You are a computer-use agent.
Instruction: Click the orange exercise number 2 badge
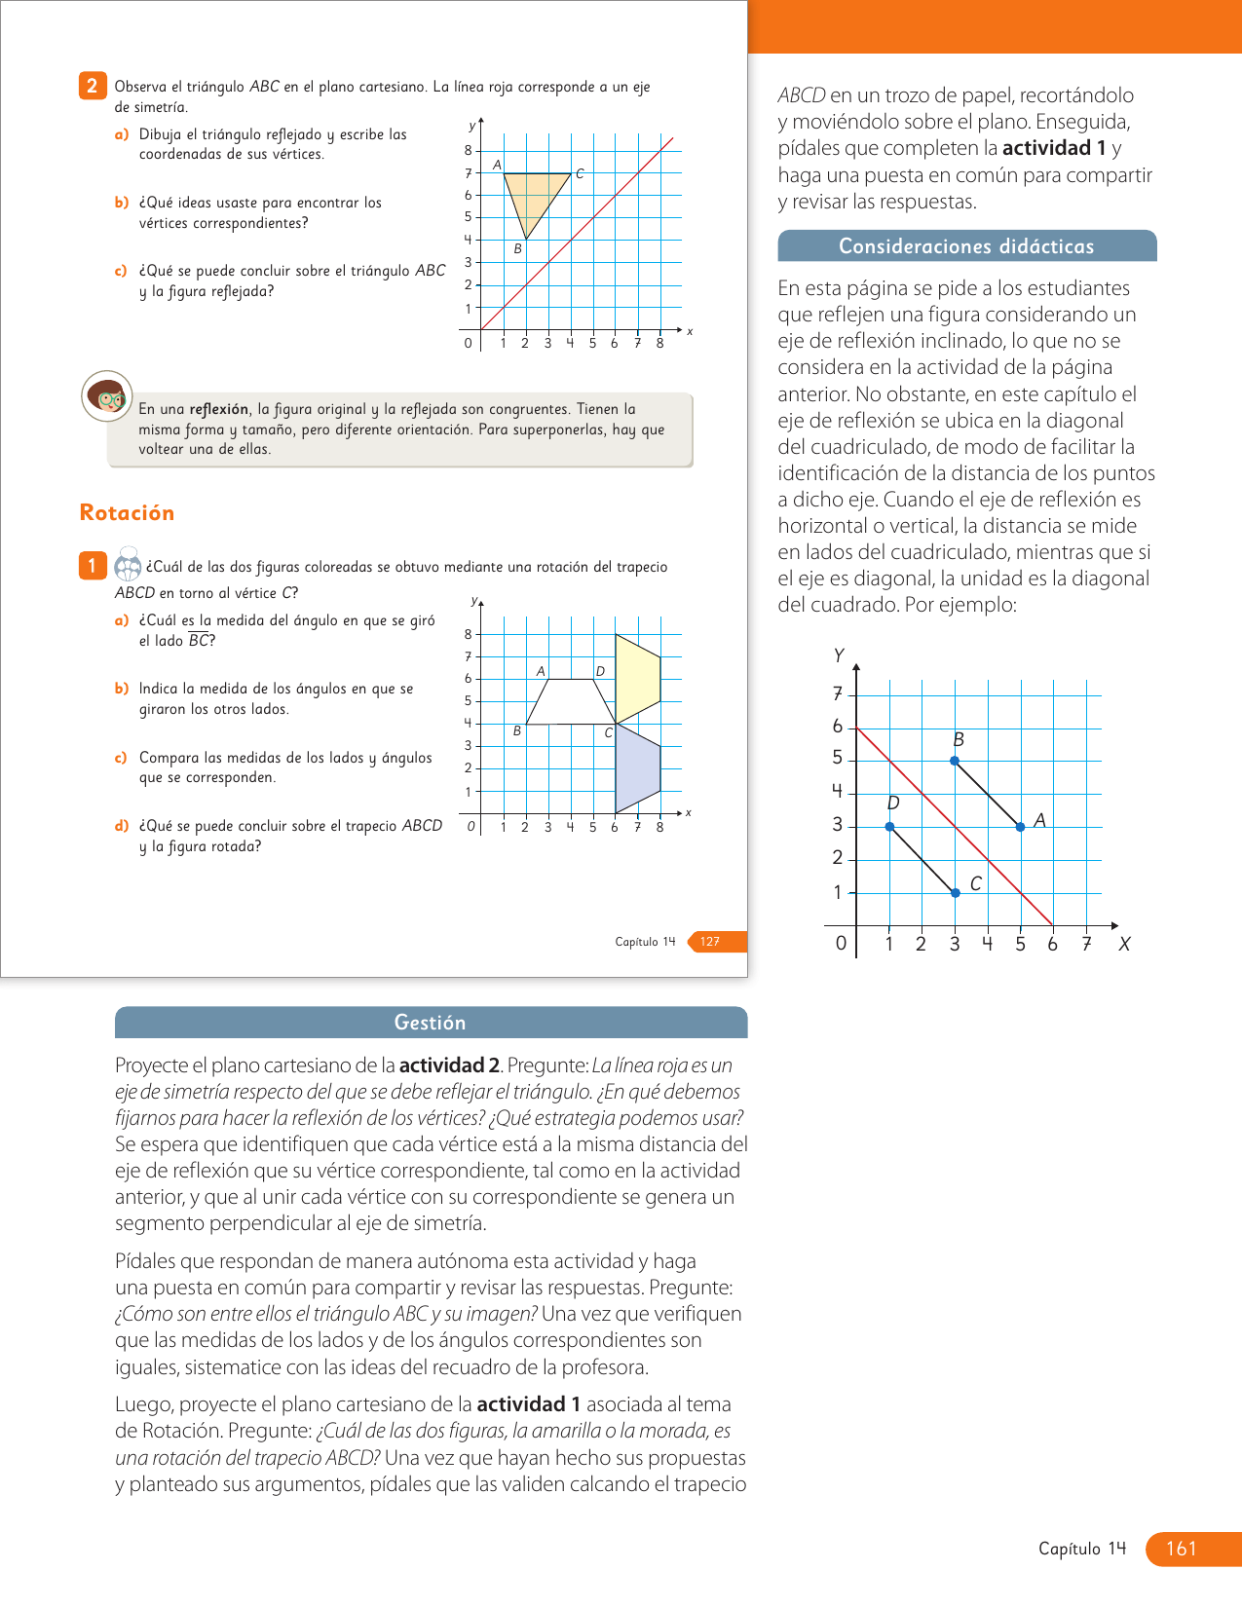coord(92,86)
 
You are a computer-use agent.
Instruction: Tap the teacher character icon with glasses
coord(106,395)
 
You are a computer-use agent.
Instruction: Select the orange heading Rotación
coord(127,513)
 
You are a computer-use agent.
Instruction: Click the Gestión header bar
coord(431,1023)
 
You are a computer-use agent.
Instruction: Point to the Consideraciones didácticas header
coord(966,246)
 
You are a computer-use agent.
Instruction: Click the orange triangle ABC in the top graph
coord(534,194)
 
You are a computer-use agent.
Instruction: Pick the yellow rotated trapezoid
coord(637,678)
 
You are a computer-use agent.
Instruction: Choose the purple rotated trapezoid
coord(637,769)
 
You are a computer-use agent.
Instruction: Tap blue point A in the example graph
coord(1020,827)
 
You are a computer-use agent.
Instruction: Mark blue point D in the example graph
coord(889,827)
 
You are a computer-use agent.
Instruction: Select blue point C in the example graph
coord(955,892)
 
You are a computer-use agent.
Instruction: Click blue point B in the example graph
coord(955,761)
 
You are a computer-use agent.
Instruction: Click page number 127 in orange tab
coord(711,942)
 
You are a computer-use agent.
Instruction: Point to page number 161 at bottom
coord(1181,1549)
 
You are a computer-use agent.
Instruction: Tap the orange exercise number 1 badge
coord(92,566)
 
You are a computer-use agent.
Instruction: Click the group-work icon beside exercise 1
coord(128,565)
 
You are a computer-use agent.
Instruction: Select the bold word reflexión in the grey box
coord(219,409)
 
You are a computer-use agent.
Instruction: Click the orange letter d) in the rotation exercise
coord(122,826)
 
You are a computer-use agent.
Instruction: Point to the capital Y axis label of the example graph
coord(839,655)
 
